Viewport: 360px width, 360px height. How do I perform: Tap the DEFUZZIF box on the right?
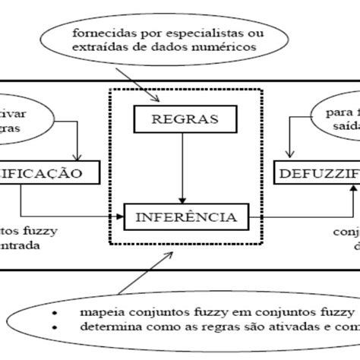coord(317,174)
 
